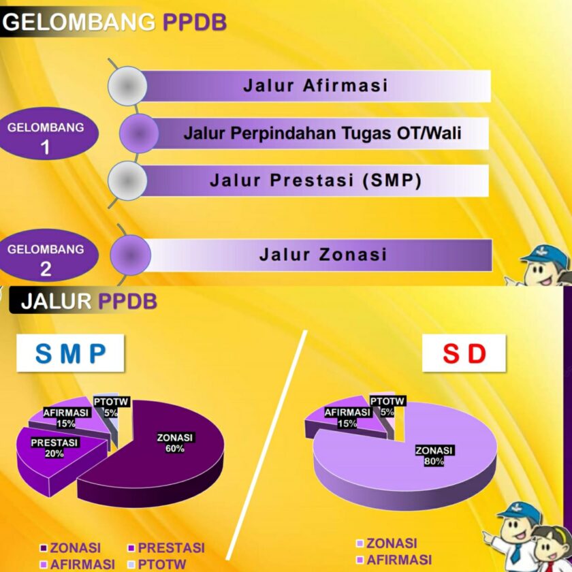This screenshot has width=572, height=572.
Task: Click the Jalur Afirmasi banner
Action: coord(315,86)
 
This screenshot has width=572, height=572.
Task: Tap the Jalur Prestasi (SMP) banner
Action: coord(315,180)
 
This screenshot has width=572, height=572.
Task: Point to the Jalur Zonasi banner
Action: coord(322,255)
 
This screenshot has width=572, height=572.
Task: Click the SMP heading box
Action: coord(71,353)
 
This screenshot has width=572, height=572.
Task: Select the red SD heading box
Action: coord(465,353)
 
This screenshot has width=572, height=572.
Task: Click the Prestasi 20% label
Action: coord(55,447)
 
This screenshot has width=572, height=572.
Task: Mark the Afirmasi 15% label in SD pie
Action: coord(347,417)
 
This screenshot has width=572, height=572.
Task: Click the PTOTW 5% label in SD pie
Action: coord(388,406)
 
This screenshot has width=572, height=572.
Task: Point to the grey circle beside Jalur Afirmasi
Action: coord(128,86)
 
